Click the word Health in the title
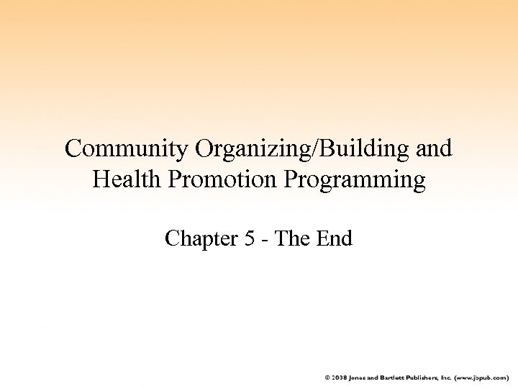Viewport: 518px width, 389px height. click(123, 179)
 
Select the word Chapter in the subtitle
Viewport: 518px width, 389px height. click(202, 238)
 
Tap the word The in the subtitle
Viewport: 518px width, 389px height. click(294, 238)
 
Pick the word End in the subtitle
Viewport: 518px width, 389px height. click(335, 238)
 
